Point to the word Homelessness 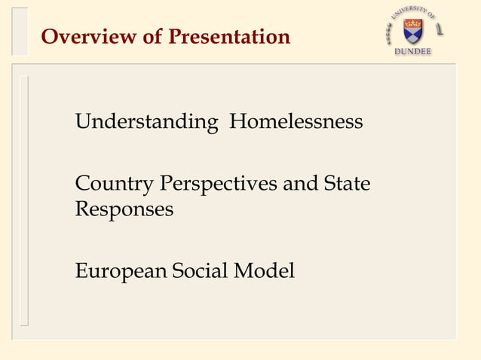click(296, 121)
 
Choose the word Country click(112, 183)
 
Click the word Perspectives click(216, 183)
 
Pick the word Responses click(124, 209)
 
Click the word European click(121, 270)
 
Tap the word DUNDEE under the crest click(413, 52)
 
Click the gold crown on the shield click(412, 24)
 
